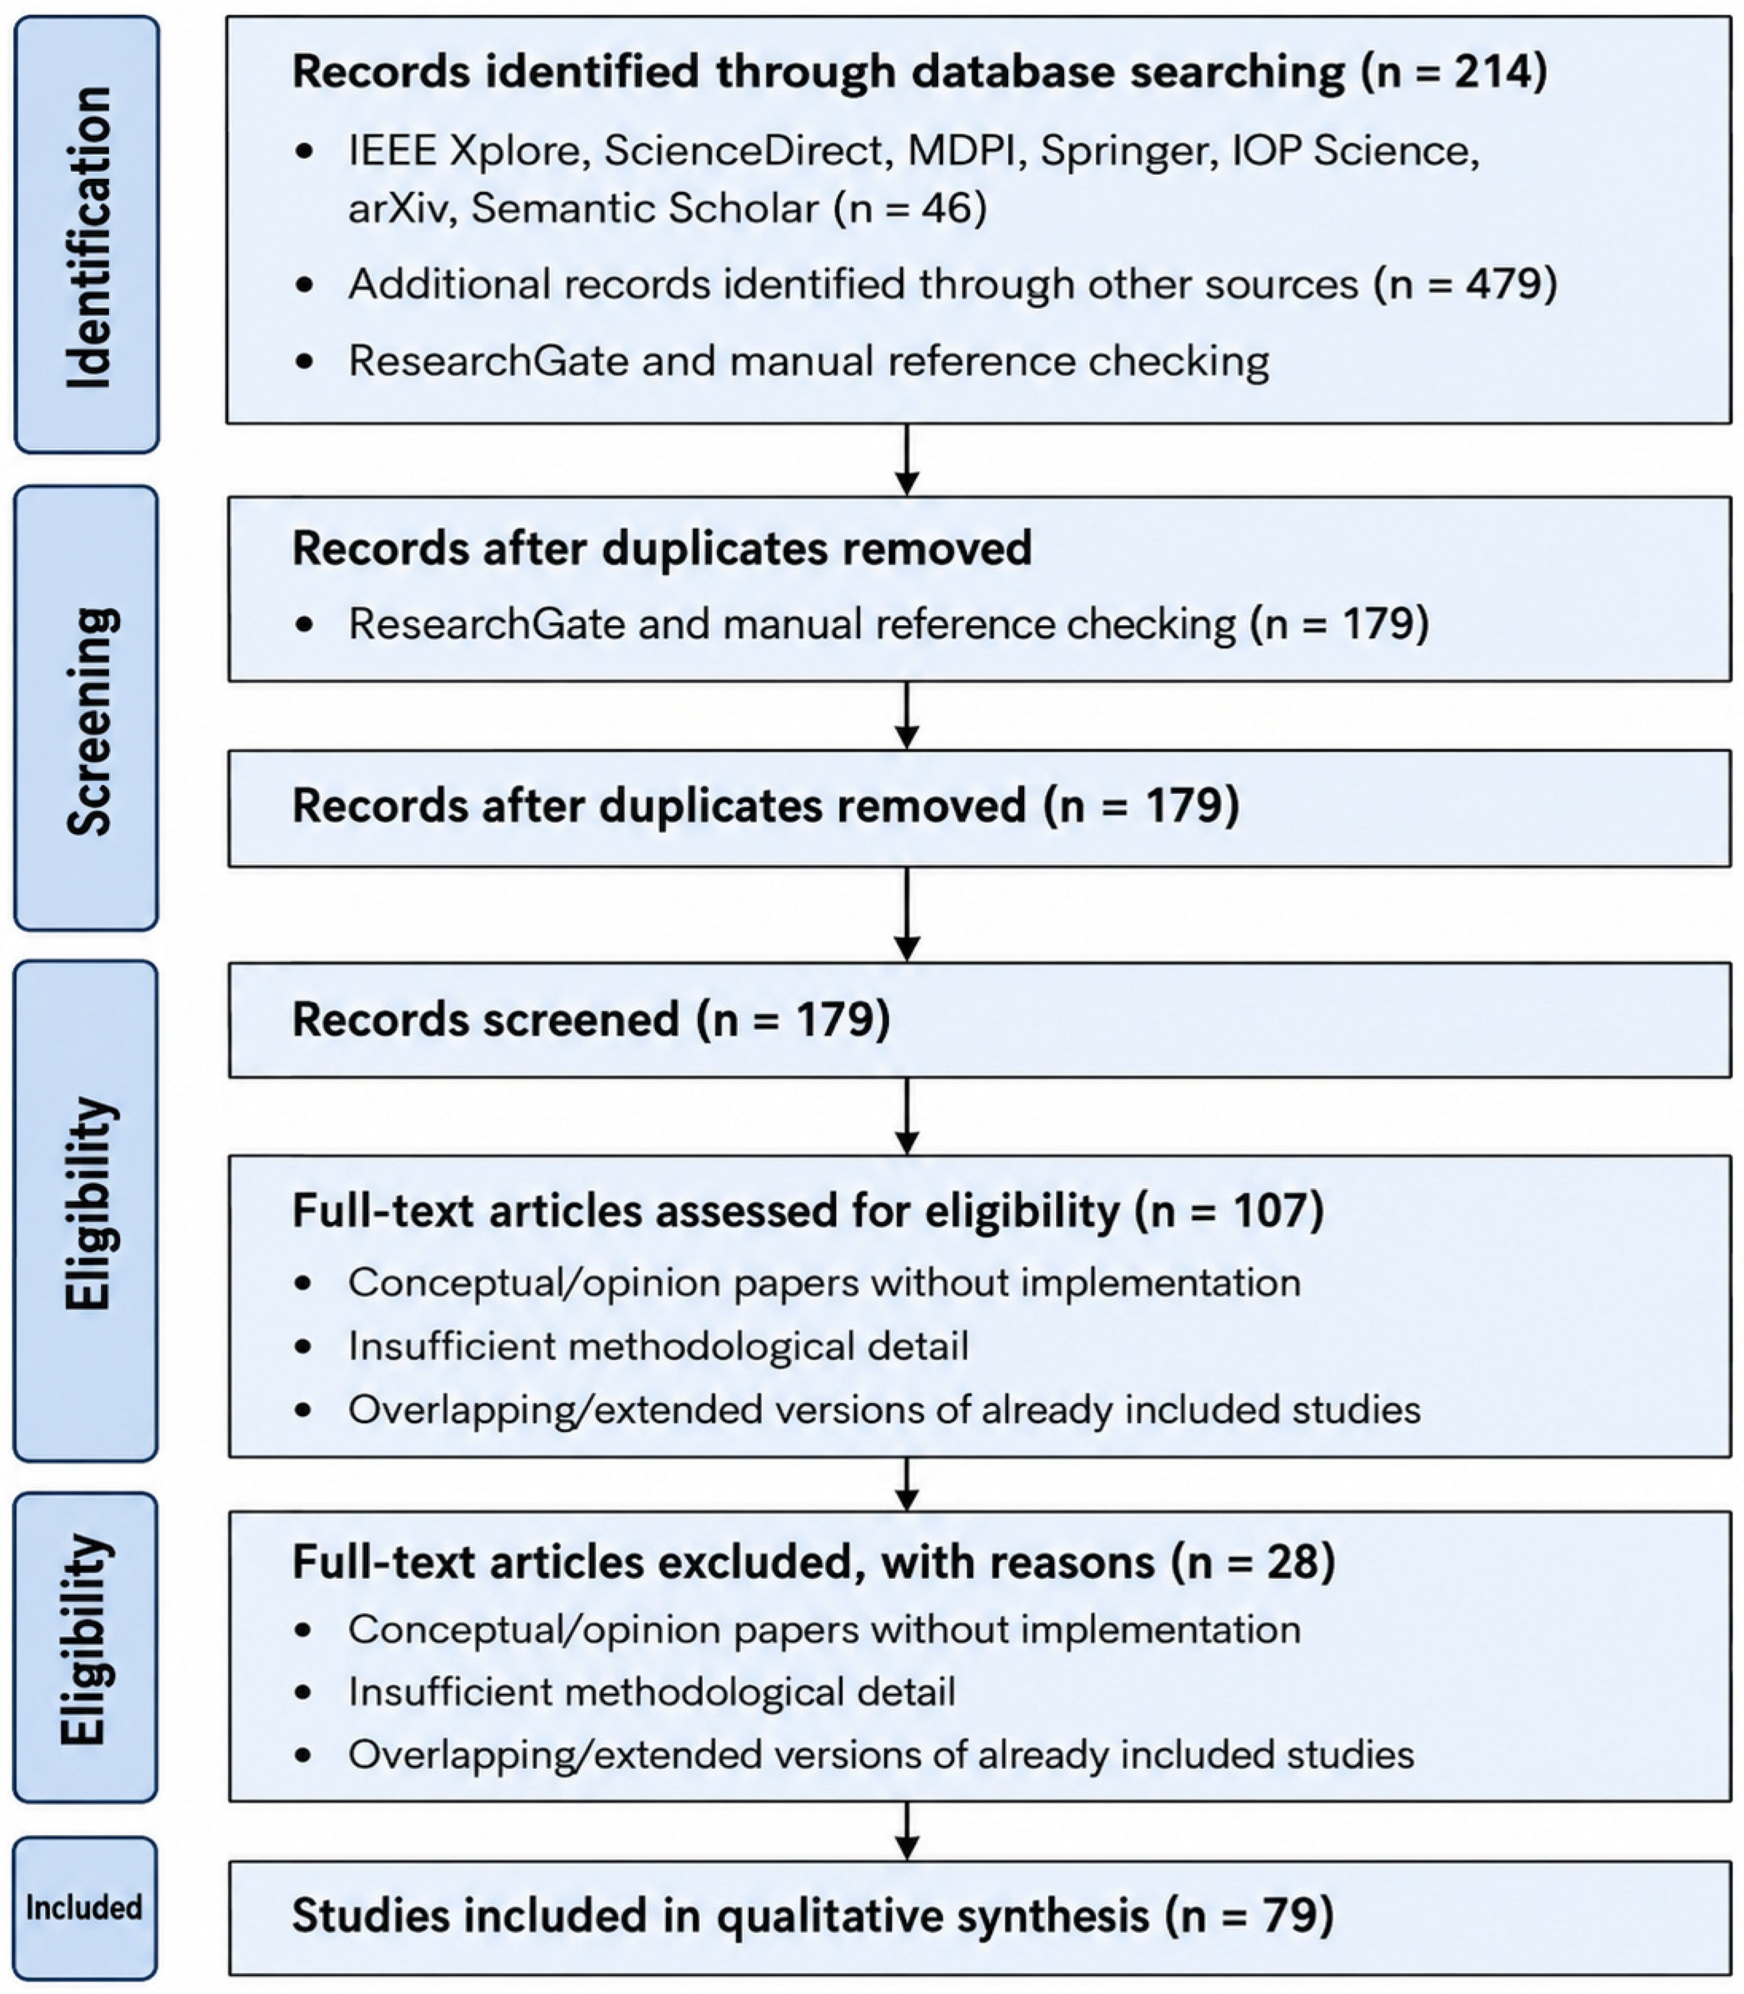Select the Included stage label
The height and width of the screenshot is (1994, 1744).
point(85,1907)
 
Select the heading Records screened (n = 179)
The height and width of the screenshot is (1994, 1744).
point(591,1019)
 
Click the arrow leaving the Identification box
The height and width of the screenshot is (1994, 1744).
point(906,459)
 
